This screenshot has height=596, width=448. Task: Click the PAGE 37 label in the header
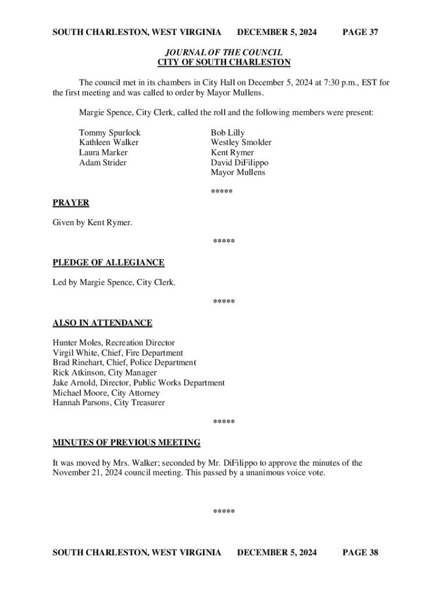[x=360, y=32]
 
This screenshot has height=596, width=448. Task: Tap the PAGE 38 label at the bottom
[x=360, y=552]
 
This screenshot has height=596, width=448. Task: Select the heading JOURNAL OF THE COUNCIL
[x=224, y=52]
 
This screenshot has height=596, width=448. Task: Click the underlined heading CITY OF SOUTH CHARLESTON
[x=224, y=62]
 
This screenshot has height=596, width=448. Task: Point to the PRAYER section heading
[x=71, y=203]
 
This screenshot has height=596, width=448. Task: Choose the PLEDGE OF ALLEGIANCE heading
[x=108, y=262]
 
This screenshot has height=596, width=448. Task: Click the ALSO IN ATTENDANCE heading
[x=102, y=323]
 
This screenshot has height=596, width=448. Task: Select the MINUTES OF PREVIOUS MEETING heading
[x=126, y=443]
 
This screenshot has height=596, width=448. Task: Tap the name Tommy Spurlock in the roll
[x=109, y=133]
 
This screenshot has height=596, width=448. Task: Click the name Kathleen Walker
[x=109, y=143]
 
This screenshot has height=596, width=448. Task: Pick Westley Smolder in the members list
[x=241, y=143]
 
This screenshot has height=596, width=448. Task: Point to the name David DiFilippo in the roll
[x=240, y=162]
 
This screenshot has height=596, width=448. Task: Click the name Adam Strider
[x=102, y=162]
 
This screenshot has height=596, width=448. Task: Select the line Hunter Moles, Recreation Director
[x=113, y=343]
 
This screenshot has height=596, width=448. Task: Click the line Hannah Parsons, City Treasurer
[x=109, y=402]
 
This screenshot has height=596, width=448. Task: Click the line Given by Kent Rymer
[x=92, y=223]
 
